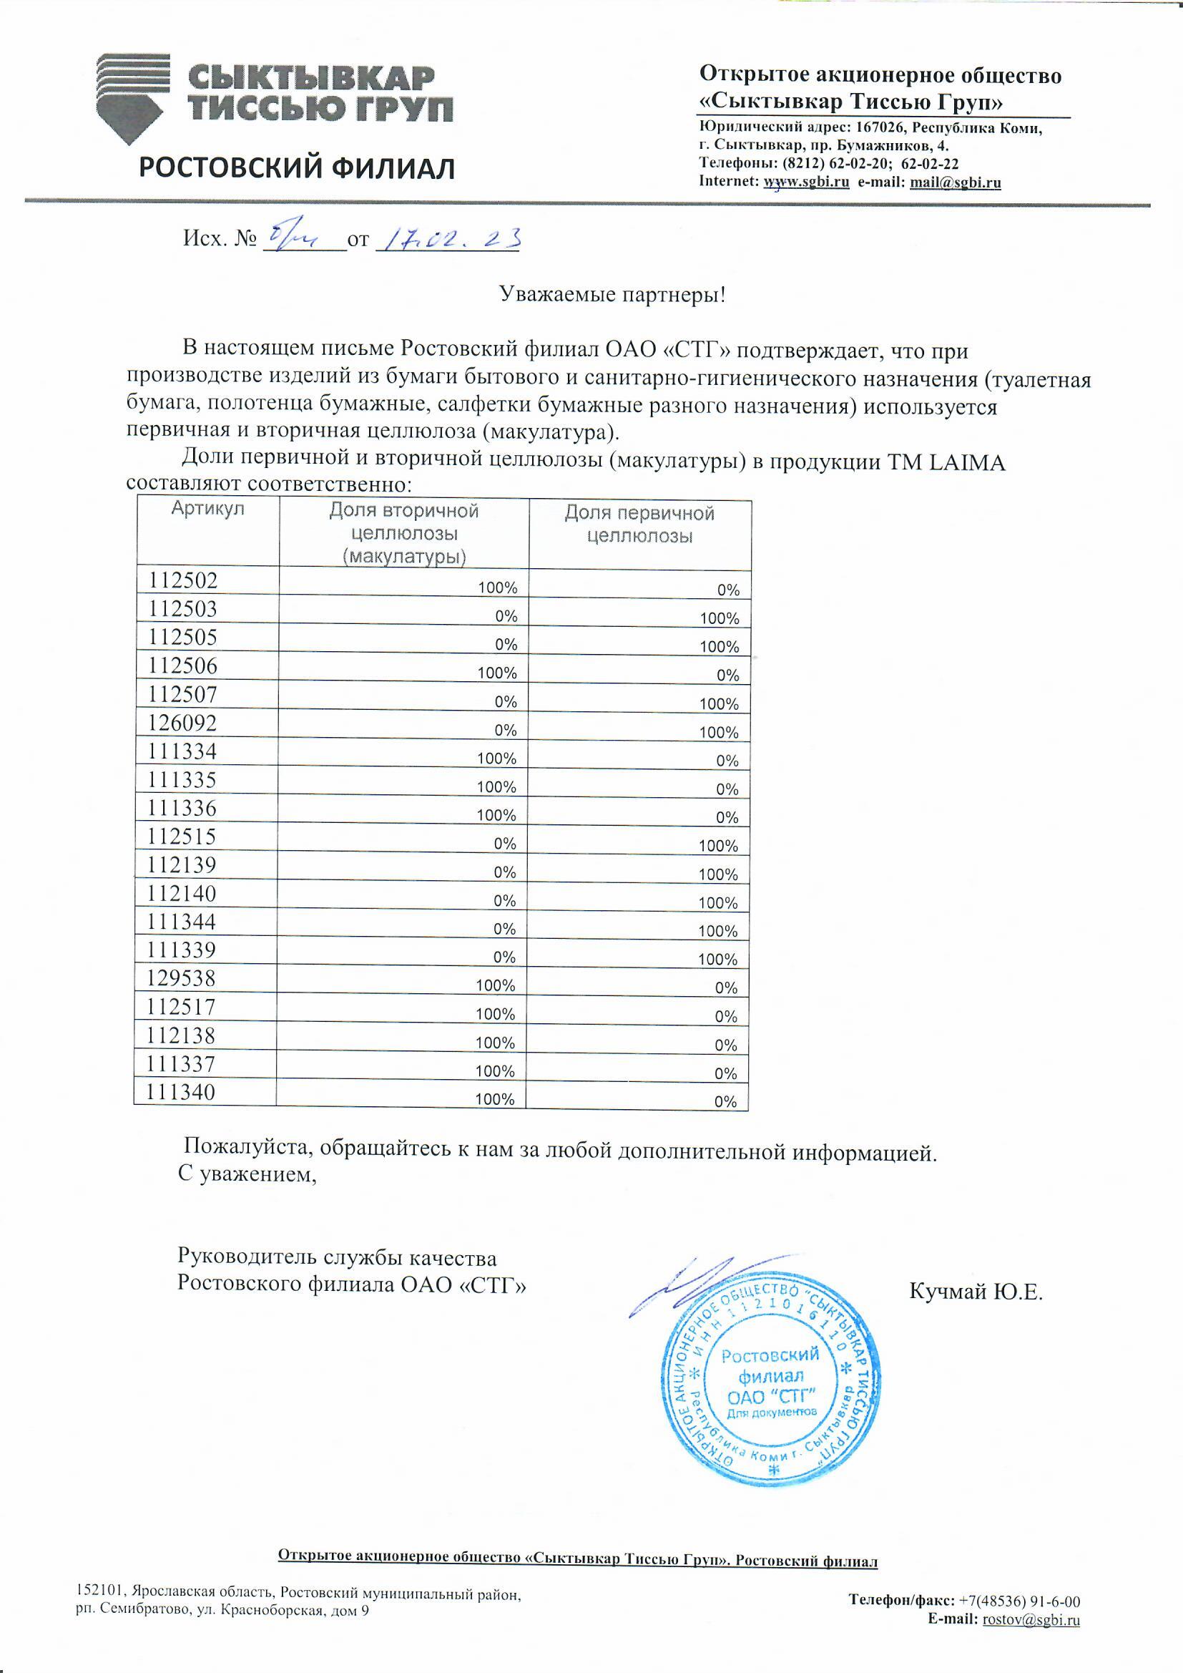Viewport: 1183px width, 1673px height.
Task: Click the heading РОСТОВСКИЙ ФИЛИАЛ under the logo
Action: (x=297, y=168)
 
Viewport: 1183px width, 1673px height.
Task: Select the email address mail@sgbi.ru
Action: (x=955, y=182)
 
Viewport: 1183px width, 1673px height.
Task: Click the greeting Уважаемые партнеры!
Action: (x=612, y=294)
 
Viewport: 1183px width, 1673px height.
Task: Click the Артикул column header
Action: (x=207, y=509)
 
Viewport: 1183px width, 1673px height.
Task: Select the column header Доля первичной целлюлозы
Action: (x=639, y=524)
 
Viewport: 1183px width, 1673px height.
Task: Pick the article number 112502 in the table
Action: (x=183, y=580)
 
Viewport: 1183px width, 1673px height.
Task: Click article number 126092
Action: (x=182, y=723)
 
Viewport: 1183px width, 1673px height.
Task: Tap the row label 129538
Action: (x=182, y=978)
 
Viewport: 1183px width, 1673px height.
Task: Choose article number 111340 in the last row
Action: (x=181, y=1091)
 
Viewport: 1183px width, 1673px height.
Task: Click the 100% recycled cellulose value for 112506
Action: (x=497, y=673)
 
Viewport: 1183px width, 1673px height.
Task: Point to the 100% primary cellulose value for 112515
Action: (x=718, y=846)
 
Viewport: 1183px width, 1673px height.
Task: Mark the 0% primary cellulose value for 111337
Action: (x=725, y=1073)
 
